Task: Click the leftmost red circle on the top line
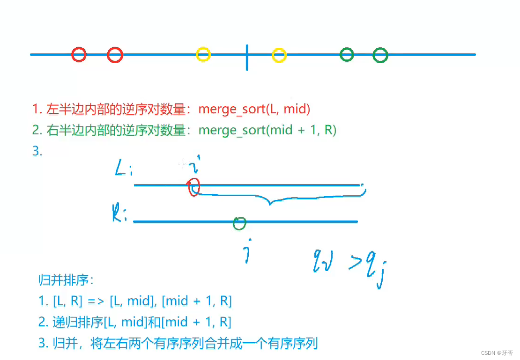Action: [x=79, y=55]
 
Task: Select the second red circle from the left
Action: [x=115, y=55]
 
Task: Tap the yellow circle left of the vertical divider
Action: [x=203, y=55]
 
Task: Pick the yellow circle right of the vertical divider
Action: [x=279, y=55]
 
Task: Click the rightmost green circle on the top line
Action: [x=380, y=55]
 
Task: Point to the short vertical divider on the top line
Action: [x=247, y=57]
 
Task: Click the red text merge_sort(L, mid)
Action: [x=254, y=109]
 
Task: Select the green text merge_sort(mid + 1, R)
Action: [x=267, y=130]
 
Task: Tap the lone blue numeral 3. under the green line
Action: [x=37, y=151]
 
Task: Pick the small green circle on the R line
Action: [x=239, y=223]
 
